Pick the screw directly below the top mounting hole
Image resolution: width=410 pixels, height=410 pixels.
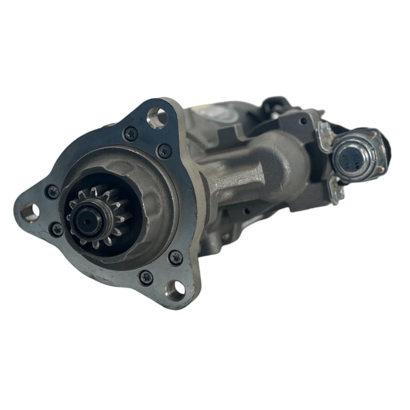pyautogui.click(x=165, y=151)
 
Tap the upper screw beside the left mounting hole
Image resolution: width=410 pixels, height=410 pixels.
pyautogui.click(x=52, y=191)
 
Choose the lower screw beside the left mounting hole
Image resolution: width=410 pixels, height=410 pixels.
pyautogui.click(x=57, y=230)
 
